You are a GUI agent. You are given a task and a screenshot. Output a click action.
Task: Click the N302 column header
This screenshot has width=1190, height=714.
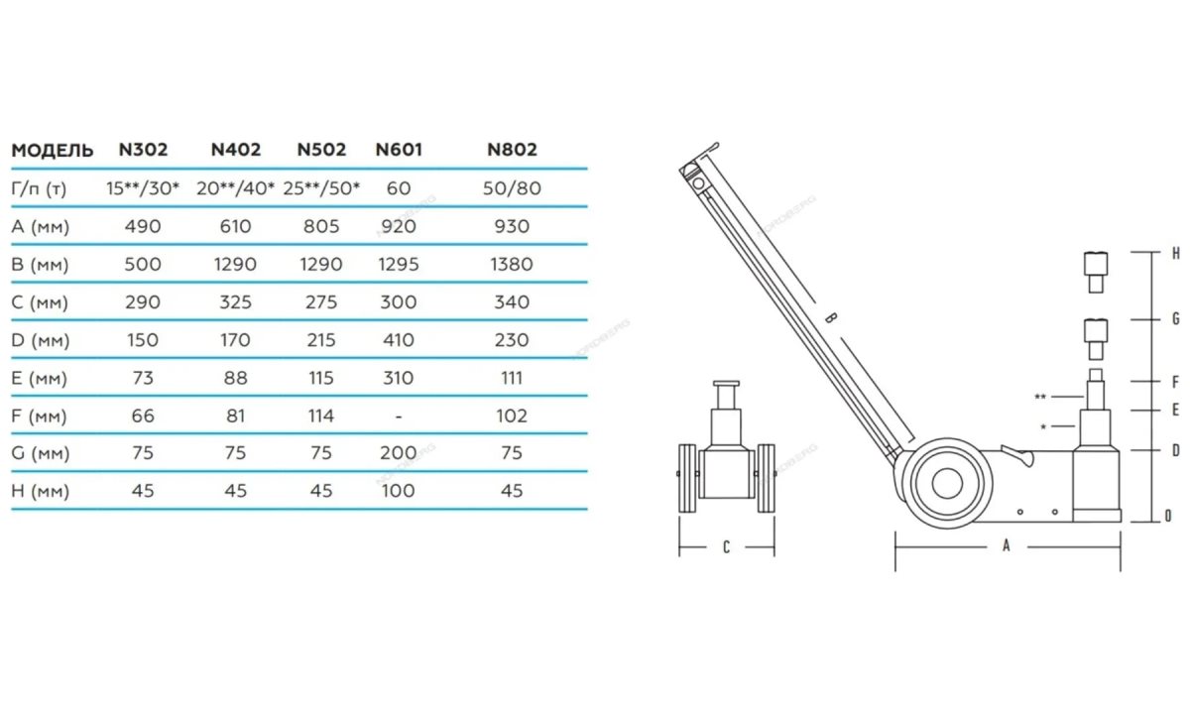pyautogui.click(x=143, y=150)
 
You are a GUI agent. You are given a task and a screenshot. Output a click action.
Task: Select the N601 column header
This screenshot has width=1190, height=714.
pyautogui.click(x=399, y=150)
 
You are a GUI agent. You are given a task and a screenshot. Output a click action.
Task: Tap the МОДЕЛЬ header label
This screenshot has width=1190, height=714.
pyautogui.click(x=52, y=151)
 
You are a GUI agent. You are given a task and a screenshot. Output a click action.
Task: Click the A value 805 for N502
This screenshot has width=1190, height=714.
pyautogui.click(x=321, y=226)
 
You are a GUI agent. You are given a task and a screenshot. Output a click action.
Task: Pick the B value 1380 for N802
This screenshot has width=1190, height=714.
pyautogui.click(x=512, y=264)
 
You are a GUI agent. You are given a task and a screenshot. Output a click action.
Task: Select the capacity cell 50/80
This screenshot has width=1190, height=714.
pyautogui.click(x=512, y=188)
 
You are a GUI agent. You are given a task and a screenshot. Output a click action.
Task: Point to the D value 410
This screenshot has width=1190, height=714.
pyautogui.click(x=398, y=340)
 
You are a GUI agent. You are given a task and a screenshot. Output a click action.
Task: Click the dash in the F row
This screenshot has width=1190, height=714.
pyautogui.click(x=399, y=416)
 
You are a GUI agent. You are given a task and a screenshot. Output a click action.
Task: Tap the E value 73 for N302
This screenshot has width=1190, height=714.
pyautogui.click(x=143, y=378)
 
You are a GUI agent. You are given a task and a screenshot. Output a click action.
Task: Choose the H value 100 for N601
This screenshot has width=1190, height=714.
pyautogui.click(x=398, y=490)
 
